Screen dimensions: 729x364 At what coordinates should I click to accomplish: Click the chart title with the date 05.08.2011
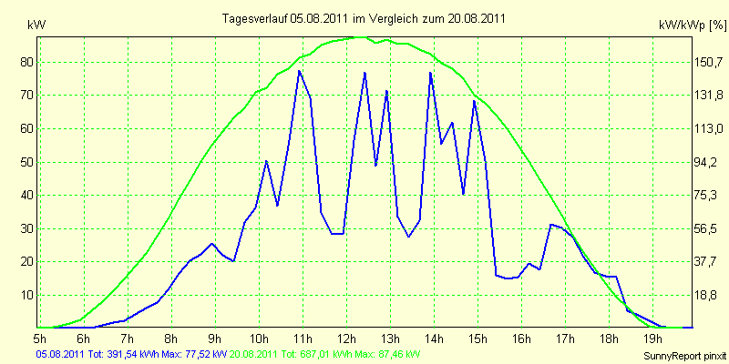coord(364,18)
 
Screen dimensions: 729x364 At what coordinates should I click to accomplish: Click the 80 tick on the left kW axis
coord(24,62)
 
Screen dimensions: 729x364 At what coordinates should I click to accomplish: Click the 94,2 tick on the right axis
coord(706,163)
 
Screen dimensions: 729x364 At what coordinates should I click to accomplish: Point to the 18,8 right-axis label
coord(706,295)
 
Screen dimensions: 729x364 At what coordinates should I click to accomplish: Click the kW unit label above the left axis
coord(36,26)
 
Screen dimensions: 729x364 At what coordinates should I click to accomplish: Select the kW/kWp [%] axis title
coord(693,26)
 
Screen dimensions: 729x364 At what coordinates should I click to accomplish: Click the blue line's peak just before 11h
coord(299,71)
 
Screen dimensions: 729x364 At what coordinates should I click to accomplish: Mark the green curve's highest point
coord(360,36)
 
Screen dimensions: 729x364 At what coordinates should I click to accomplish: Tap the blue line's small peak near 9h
coord(212,243)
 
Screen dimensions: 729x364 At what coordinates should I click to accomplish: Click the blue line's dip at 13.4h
coord(408,237)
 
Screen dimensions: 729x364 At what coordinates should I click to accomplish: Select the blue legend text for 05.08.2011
coord(132,355)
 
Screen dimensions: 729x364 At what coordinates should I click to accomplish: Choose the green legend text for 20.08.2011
coord(322,355)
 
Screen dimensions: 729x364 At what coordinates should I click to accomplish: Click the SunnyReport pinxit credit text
coord(683,357)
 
